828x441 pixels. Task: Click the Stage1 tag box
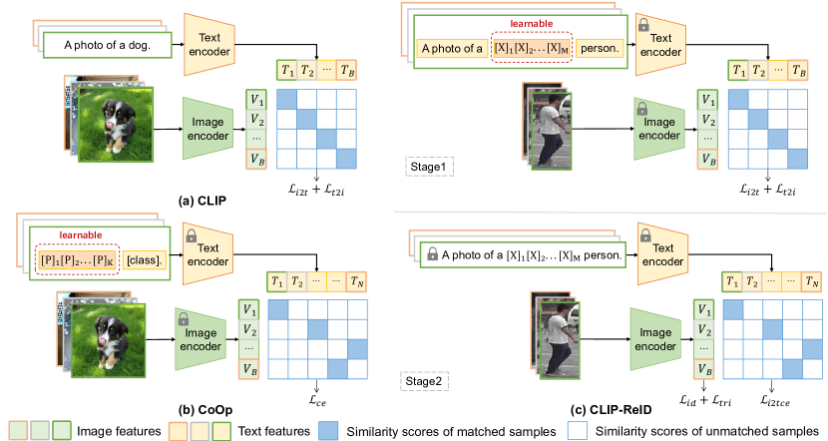pyautogui.click(x=430, y=164)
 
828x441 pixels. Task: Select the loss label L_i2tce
pyautogui.click(x=774, y=399)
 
